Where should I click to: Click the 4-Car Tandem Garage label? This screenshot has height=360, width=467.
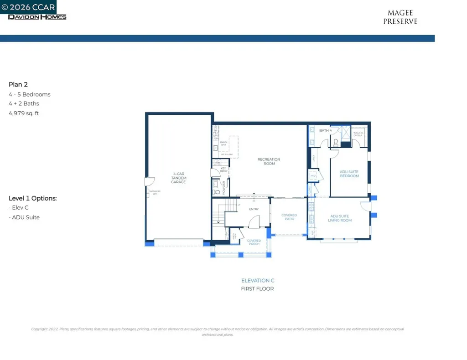click(x=178, y=178)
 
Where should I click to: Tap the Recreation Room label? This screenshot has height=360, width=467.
click(x=269, y=161)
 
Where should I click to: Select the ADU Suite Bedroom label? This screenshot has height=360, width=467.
click(x=349, y=174)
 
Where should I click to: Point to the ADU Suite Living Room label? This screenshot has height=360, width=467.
click(x=340, y=218)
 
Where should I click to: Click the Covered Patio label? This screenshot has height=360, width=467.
click(x=289, y=217)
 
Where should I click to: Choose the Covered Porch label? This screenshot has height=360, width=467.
click(x=254, y=242)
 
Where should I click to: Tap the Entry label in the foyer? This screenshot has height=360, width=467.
click(x=254, y=209)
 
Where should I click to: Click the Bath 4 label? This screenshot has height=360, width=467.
click(x=325, y=131)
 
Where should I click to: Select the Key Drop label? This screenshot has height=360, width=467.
click(x=223, y=170)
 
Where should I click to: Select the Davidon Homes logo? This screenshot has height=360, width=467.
click(x=37, y=17)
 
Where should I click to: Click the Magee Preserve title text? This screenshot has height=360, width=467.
click(x=400, y=17)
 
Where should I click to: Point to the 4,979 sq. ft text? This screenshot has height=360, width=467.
click(x=24, y=113)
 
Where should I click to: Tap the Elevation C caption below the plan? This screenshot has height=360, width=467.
click(x=258, y=281)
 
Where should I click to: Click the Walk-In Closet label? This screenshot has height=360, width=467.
click(x=358, y=134)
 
